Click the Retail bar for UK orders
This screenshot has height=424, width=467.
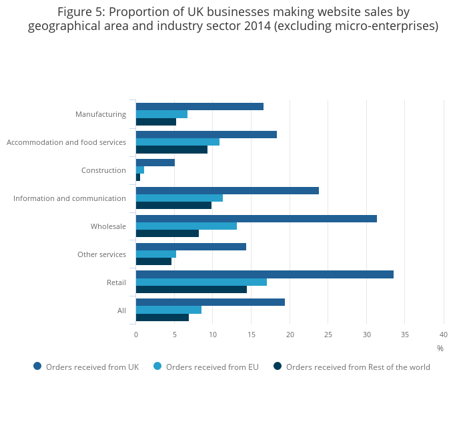265,274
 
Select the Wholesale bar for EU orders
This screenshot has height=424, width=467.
186,226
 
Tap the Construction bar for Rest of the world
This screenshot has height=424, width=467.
138,177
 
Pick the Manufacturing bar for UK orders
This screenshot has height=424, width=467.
199,107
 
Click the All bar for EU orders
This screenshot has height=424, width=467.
169,310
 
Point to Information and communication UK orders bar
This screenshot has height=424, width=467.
227,191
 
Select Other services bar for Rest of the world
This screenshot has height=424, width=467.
153,261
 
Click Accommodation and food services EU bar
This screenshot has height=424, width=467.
177,142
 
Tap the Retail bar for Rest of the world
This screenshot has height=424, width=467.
191,289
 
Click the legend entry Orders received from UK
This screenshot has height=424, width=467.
92,367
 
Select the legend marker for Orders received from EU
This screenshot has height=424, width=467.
157,366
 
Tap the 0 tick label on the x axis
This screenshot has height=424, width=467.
136,335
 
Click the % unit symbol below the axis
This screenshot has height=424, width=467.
440,348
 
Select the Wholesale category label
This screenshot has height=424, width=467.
108,226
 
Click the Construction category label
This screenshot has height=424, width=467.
103,170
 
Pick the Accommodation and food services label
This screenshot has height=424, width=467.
66,142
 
